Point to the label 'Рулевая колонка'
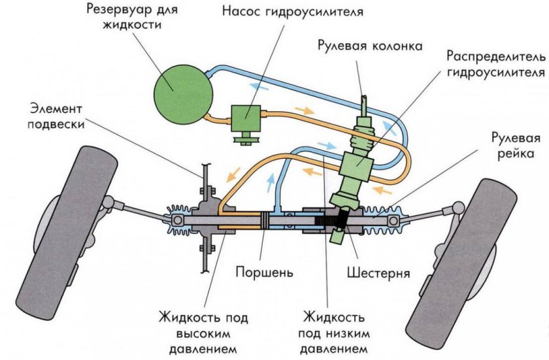370,46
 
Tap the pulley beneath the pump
244,138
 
